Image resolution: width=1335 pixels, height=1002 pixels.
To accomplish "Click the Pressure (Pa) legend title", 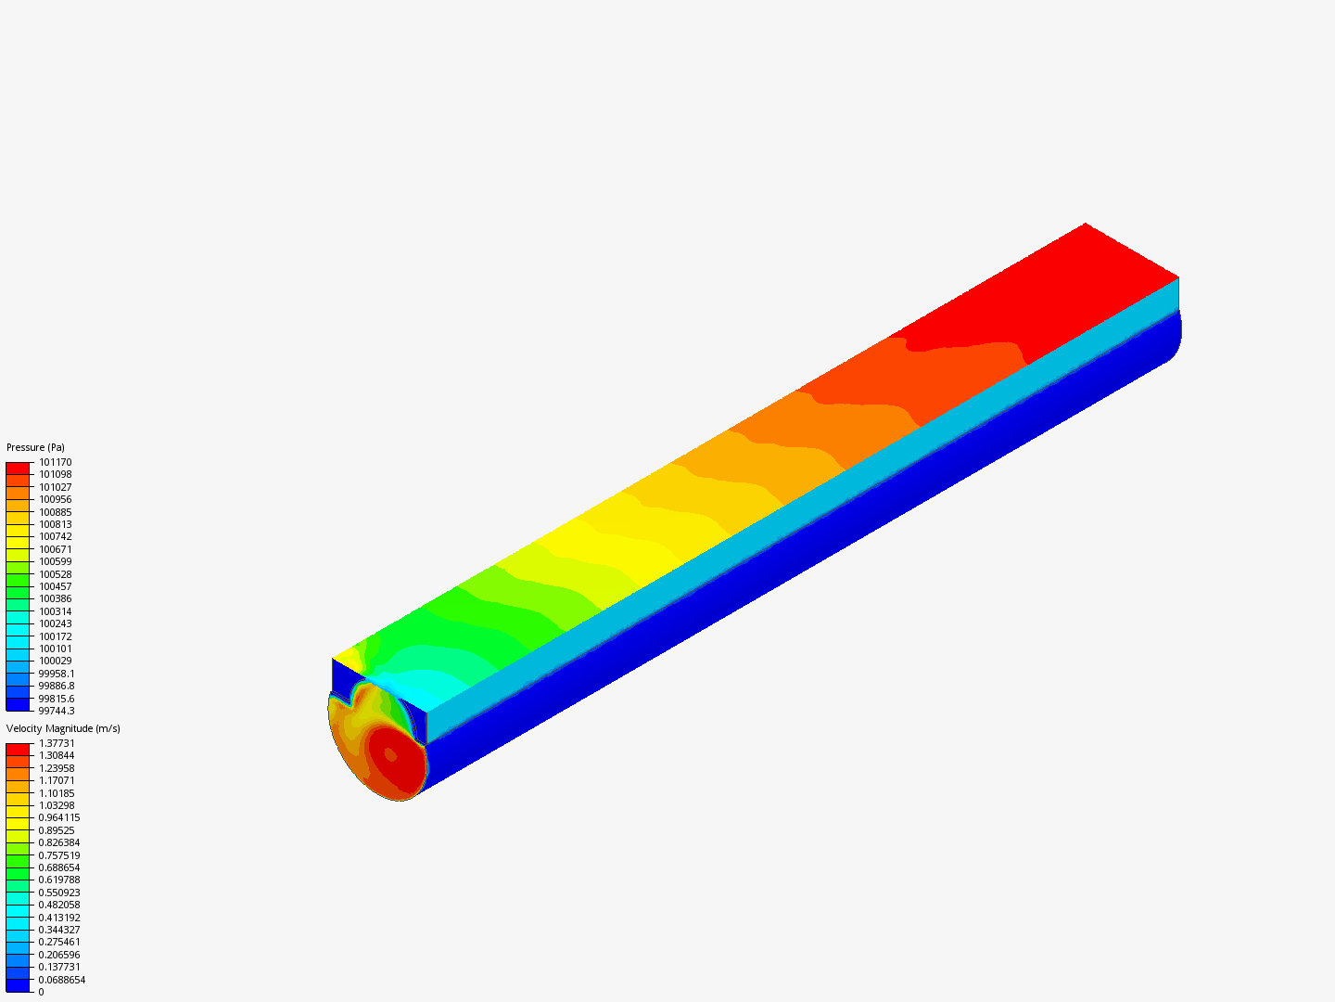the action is pos(35,447).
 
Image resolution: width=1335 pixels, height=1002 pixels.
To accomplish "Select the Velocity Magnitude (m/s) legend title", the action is pos(63,728).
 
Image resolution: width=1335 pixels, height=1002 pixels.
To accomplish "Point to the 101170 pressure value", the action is pos(56,462).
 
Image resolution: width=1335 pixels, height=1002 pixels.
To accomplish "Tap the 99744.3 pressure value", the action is pos(57,711).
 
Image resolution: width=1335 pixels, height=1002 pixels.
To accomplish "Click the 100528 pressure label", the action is pos(56,574).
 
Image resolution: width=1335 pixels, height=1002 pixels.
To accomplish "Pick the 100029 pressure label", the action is pos(56,661).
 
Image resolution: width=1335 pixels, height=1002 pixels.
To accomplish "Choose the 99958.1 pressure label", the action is pos(57,674).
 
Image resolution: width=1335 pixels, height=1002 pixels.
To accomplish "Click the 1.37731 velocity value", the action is pos(57,743).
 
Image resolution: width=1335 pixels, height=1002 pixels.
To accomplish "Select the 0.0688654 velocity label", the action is pos(61,980).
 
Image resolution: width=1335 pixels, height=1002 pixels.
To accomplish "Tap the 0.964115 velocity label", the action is pos(59,817).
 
